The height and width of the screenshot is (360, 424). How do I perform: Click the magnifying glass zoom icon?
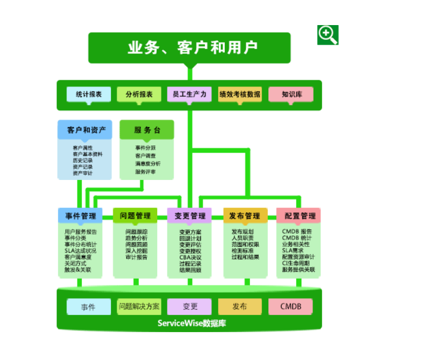coord(328,35)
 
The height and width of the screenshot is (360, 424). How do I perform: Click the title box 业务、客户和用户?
coord(189,47)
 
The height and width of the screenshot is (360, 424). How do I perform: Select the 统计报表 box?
coord(89,95)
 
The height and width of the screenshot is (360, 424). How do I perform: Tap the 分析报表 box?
coord(139,95)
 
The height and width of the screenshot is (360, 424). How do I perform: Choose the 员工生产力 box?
coord(190,95)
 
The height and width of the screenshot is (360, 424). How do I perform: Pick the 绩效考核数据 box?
coord(240,95)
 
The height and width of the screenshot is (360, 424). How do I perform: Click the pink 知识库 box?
coord(291,95)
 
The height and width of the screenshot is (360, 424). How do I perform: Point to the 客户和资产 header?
coord(85,130)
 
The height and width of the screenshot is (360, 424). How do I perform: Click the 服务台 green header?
coord(147,130)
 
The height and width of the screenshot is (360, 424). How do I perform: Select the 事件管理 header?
coord(80,216)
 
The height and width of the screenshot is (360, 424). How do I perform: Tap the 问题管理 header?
coord(135,216)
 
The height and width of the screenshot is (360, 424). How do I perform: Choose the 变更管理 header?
coord(190,216)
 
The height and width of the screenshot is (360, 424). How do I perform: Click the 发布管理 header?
coord(245,216)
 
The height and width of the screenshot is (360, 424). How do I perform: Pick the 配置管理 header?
coord(298,216)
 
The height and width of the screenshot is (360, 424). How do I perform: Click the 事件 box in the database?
coord(89,307)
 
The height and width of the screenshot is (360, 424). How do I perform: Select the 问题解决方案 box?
coord(139,307)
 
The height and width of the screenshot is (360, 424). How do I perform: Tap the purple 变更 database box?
coord(190,307)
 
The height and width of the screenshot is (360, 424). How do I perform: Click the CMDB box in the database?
coord(291,307)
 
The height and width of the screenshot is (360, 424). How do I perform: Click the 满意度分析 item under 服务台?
coord(147,164)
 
